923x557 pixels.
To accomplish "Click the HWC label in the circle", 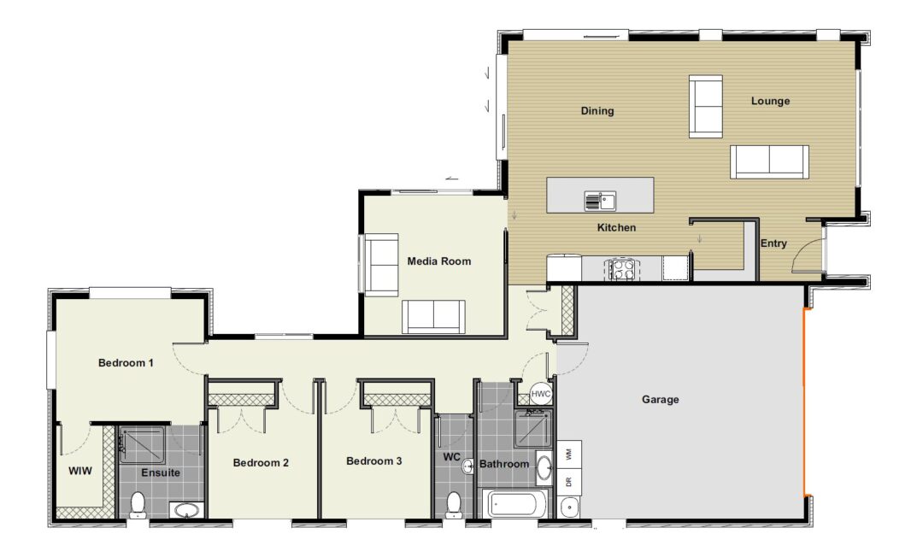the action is [540, 394].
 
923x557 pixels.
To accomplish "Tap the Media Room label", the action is [439, 261].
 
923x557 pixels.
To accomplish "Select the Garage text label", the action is [660, 399].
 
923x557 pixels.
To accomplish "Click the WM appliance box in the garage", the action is [568, 454].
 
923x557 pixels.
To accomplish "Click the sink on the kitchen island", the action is [600, 201].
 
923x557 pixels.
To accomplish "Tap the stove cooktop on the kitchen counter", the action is [621, 269].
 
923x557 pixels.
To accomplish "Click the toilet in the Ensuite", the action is [138, 505].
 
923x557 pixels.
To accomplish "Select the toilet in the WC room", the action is [453, 505].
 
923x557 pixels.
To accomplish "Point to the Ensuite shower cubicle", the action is [143, 446].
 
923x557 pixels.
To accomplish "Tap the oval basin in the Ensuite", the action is [186, 509].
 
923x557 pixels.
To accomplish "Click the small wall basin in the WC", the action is [468, 467].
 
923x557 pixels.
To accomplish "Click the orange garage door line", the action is [804, 402].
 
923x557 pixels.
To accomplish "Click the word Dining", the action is [597, 110].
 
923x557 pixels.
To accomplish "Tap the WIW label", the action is [80, 471].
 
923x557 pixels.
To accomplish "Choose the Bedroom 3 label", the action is [373, 461].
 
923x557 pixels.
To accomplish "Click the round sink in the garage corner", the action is [569, 507].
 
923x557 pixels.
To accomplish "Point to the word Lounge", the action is [770, 101].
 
